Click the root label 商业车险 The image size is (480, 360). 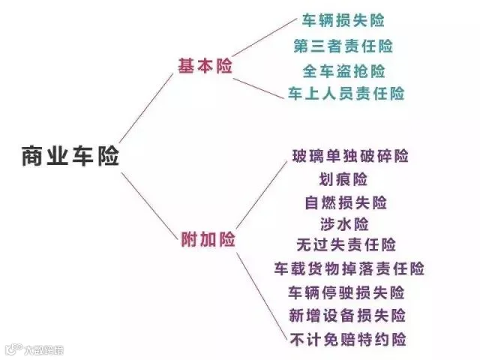pyautogui.click(x=70, y=157)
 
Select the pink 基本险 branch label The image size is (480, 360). pyautogui.click(x=205, y=66)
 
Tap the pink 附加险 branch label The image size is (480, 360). pyautogui.click(x=208, y=239)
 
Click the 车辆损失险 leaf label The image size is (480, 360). pyautogui.click(x=343, y=20)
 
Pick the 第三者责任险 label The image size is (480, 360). pyautogui.click(x=343, y=46)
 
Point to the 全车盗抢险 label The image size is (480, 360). pyautogui.click(x=343, y=71)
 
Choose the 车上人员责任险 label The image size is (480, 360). pyautogui.click(x=346, y=93)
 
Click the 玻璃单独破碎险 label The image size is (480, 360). pyautogui.click(x=350, y=156)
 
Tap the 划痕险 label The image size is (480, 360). pyautogui.click(x=343, y=179)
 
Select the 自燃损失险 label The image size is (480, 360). pyautogui.click(x=346, y=202)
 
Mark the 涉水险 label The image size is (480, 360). pyautogui.click(x=344, y=224)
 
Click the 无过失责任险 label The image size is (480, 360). pyautogui.click(x=346, y=245)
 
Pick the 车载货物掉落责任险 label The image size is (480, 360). pyautogui.click(x=349, y=268)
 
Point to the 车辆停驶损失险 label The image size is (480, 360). pyautogui.click(x=346, y=292)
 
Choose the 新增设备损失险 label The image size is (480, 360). pyautogui.click(x=347, y=316)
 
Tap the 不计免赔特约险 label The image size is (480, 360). pyautogui.click(x=348, y=340)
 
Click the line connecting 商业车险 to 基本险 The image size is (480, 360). pyautogui.click(x=146, y=108)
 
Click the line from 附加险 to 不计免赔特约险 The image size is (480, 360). pyautogui.click(x=262, y=297)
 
